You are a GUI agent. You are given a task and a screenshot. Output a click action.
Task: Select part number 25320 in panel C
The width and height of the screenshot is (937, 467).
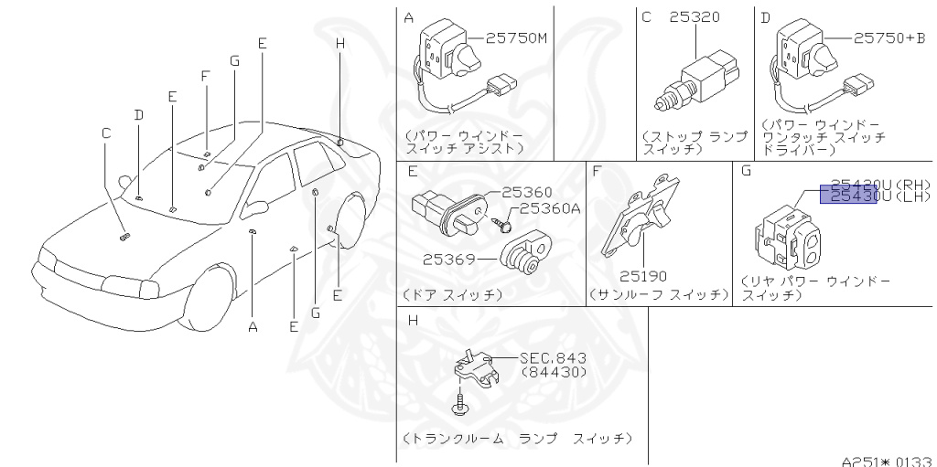pyautogui.click(x=694, y=16)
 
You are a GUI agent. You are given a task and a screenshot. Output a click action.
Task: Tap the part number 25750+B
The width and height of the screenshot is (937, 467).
pyautogui.click(x=889, y=37)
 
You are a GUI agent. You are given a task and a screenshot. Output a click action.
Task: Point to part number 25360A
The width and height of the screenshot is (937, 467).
pyautogui.click(x=550, y=208)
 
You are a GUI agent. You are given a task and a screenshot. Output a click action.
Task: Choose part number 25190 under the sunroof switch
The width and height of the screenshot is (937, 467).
pyautogui.click(x=642, y=274)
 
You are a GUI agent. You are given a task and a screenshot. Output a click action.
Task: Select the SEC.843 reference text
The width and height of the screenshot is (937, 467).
pyautogui.click(x=553, y=357)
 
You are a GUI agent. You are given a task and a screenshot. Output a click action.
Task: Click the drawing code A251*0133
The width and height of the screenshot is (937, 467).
pyautogui.click(x=887, y=460)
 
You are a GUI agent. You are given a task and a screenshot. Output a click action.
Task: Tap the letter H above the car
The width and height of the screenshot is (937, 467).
pyautogui.click(x=339, y=42)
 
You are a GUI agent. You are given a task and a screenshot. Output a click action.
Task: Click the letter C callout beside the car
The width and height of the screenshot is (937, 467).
pyautogui.click(x=106, y=133)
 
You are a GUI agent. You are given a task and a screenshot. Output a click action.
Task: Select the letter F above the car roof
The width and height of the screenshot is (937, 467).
pyautogui.click(x=206, y=76)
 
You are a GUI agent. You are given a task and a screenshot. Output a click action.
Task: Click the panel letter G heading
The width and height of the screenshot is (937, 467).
pyautogui.click(x=746, y=170)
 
